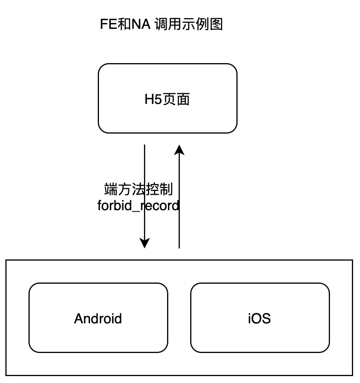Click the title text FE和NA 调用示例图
(161, 25)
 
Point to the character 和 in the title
(123, 25)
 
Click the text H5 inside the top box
(153, 100)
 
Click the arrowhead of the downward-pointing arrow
(144, 243)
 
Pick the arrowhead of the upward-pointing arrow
(179, 149)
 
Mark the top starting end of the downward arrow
(144, 146)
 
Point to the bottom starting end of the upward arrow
(179, 248)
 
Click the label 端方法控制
(138, 190)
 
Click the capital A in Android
(79, 319)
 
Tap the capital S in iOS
(266, 319)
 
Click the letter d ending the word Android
(118, 319)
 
